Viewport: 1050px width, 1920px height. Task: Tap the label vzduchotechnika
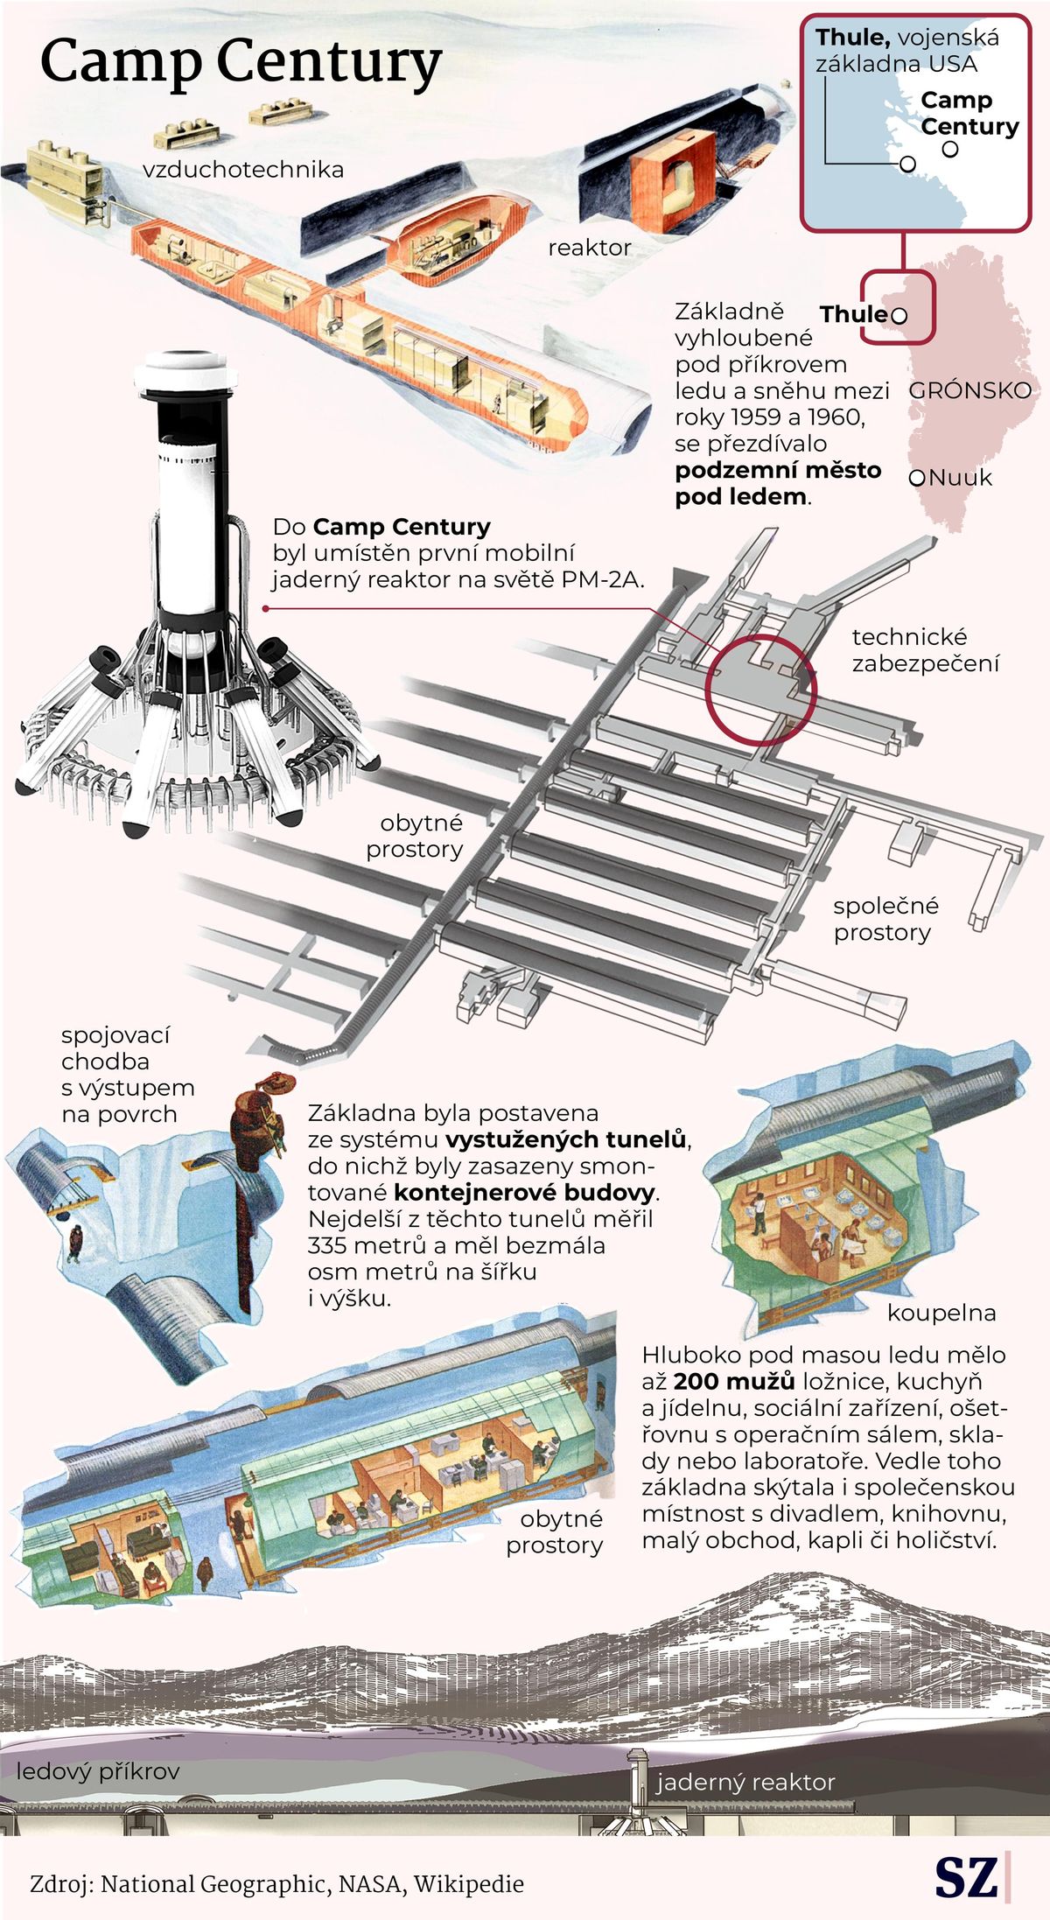243,169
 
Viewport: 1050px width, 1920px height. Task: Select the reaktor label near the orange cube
590,248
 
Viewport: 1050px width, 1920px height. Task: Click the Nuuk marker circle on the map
917,478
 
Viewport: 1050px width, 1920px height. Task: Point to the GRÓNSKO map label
970,390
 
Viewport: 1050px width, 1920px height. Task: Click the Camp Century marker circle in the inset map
950,149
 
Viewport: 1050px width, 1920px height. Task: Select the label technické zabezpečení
926,650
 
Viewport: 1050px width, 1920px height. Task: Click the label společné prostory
885,919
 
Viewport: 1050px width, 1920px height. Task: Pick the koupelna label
941,1313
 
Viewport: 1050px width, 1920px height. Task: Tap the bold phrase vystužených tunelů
567,1139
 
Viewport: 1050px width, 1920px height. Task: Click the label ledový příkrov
98,1771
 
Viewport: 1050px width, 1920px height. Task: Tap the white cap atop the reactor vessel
185,373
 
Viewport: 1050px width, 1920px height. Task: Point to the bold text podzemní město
778,470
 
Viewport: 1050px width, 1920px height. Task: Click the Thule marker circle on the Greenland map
899,315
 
